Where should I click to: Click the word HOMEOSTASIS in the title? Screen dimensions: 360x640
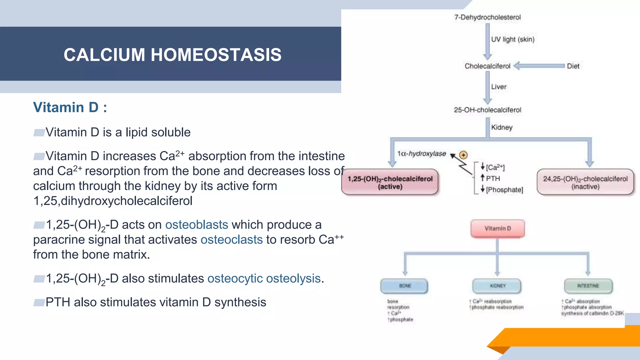(216, 55)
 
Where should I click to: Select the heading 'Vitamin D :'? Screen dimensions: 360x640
(70, 107)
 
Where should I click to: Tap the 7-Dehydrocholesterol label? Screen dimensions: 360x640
(487, 17)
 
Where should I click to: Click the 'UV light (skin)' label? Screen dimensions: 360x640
(512, 39)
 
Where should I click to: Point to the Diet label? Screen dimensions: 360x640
(573, 66)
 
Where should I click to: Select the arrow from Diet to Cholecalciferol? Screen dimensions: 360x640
(539, 66)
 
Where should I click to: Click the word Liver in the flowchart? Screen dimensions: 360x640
(498, 87)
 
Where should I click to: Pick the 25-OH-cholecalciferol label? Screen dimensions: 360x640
(487, 110)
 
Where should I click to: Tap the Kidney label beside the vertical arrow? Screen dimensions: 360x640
(502, 127)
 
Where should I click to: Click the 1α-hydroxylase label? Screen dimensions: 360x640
(421, 154)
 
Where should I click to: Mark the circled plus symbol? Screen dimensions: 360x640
(463, 155)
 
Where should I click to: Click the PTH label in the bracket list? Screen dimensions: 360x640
(493, 178)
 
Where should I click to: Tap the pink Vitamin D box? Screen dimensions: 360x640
(497, 229)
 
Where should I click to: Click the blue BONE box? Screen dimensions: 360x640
(404, 286)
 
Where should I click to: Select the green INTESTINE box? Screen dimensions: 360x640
(588, 286)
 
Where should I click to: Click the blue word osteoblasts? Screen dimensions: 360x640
(197, 225)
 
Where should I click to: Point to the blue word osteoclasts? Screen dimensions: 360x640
(231, 240)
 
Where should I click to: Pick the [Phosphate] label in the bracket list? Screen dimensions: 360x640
(504, 190)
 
